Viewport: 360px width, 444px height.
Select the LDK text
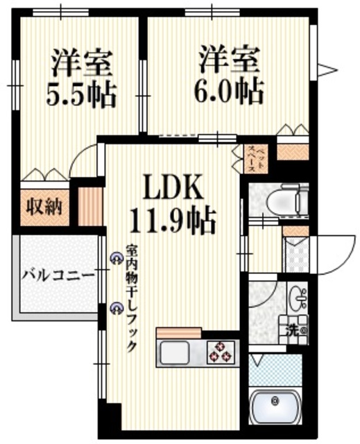click(x=173, y=187)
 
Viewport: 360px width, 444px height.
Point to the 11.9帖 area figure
click(x=173, y=222)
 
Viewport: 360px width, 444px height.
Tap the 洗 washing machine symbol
click(x=293, y=330)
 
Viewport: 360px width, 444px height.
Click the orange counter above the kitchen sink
click(x=178, y=332)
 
